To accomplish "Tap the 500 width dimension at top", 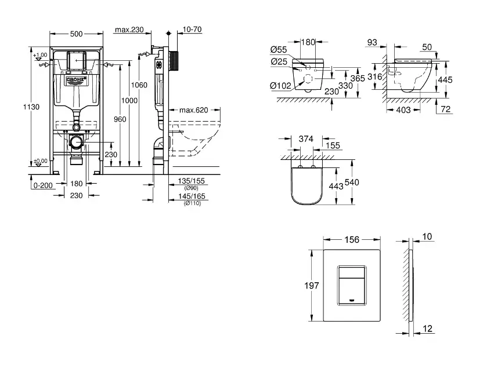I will coord(76,34).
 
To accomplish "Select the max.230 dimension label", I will coord(129,30).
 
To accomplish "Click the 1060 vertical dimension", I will coord(140,85).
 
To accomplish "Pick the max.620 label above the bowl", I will coord(193,110).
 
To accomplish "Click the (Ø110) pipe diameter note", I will coord(192,203).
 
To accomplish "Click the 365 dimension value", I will coord(358,78).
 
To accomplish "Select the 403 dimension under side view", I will coord(403,110).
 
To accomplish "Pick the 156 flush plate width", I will coord(351,239).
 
